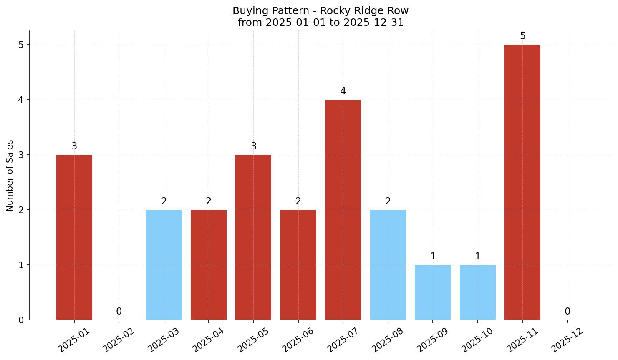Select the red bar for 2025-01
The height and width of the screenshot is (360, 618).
click(74, 237)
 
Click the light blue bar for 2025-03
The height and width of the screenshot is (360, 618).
click(164, 265)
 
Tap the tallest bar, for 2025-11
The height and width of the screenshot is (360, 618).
click(522, 182)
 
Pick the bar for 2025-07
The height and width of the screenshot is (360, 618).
click(343, 210)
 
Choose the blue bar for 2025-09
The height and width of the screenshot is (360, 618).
click(433, 292)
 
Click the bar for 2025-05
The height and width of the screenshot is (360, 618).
click(253, 237)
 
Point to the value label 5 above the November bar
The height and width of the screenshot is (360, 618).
click(522, 36)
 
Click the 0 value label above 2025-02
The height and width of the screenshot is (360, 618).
click(119, 312)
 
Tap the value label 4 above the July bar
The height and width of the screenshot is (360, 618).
click(343, 91)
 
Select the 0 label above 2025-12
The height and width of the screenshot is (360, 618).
click(568, 312)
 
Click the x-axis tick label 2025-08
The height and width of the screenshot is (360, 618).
click(387, 340)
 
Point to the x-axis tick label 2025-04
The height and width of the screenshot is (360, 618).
click(208, 340)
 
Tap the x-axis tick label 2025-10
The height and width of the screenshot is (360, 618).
click(477, 340)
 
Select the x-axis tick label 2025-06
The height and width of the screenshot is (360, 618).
click(298, 340)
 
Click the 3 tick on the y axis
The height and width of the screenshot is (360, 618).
click(21, 155)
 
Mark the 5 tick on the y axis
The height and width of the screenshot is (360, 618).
click(21, 45)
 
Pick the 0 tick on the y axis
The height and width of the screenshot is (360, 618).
click(21, 320)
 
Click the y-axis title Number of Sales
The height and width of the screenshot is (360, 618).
click(10, 176)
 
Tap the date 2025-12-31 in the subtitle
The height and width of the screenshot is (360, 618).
click(373, 23)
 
